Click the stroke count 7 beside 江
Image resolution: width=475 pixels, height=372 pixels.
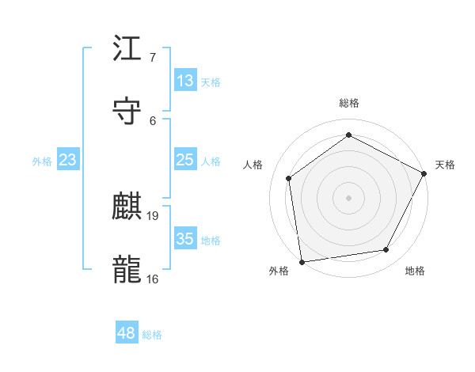(152, 57)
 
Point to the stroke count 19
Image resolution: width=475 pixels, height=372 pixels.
(154, 215)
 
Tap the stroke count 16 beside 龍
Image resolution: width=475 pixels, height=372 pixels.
(153, 279)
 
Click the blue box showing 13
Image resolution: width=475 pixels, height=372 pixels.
(185, 81)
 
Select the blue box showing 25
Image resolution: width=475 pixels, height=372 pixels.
(185, 160)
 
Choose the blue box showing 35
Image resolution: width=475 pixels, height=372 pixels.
(185, 239)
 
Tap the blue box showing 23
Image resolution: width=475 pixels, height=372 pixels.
(68, 160)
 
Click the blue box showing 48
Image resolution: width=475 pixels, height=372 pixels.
(127, 333)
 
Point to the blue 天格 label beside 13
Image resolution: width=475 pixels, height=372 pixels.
(211, 82)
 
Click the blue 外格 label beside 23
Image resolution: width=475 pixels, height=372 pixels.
(42, 161)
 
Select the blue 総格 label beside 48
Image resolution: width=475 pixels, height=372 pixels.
(152, 335)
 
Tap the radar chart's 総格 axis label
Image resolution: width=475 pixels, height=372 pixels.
(348, 103)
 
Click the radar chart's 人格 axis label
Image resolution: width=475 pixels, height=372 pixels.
(253, 165)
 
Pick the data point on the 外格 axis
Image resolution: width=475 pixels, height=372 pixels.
(302, 261)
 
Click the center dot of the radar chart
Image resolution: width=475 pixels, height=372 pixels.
(348, 197)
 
